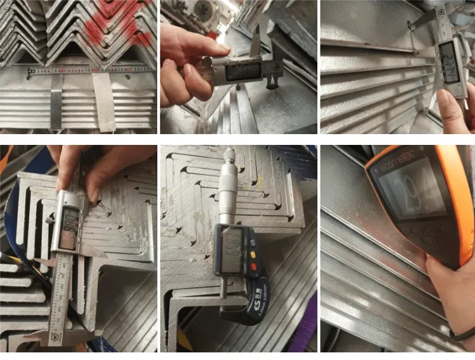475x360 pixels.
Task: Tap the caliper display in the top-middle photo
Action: pyautogui.click(x=240, y=70)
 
